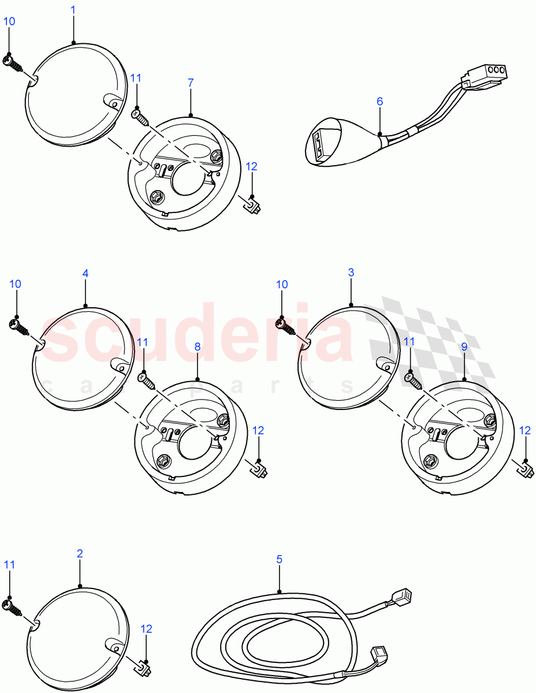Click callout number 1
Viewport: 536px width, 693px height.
pos(73,10)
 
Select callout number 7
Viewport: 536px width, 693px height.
pos(191,83)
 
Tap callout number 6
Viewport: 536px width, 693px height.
pos(379,101)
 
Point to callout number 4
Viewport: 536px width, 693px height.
pos(85,273)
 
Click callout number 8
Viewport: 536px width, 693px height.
pos(197,346)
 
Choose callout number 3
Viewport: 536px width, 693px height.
pos(351,273)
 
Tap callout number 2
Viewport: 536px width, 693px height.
pos(80,553)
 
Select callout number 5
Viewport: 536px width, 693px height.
pos(279,559)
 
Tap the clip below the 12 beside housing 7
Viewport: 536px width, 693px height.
pos(251,204)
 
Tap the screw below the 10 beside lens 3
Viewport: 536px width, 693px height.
pos(285,327)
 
